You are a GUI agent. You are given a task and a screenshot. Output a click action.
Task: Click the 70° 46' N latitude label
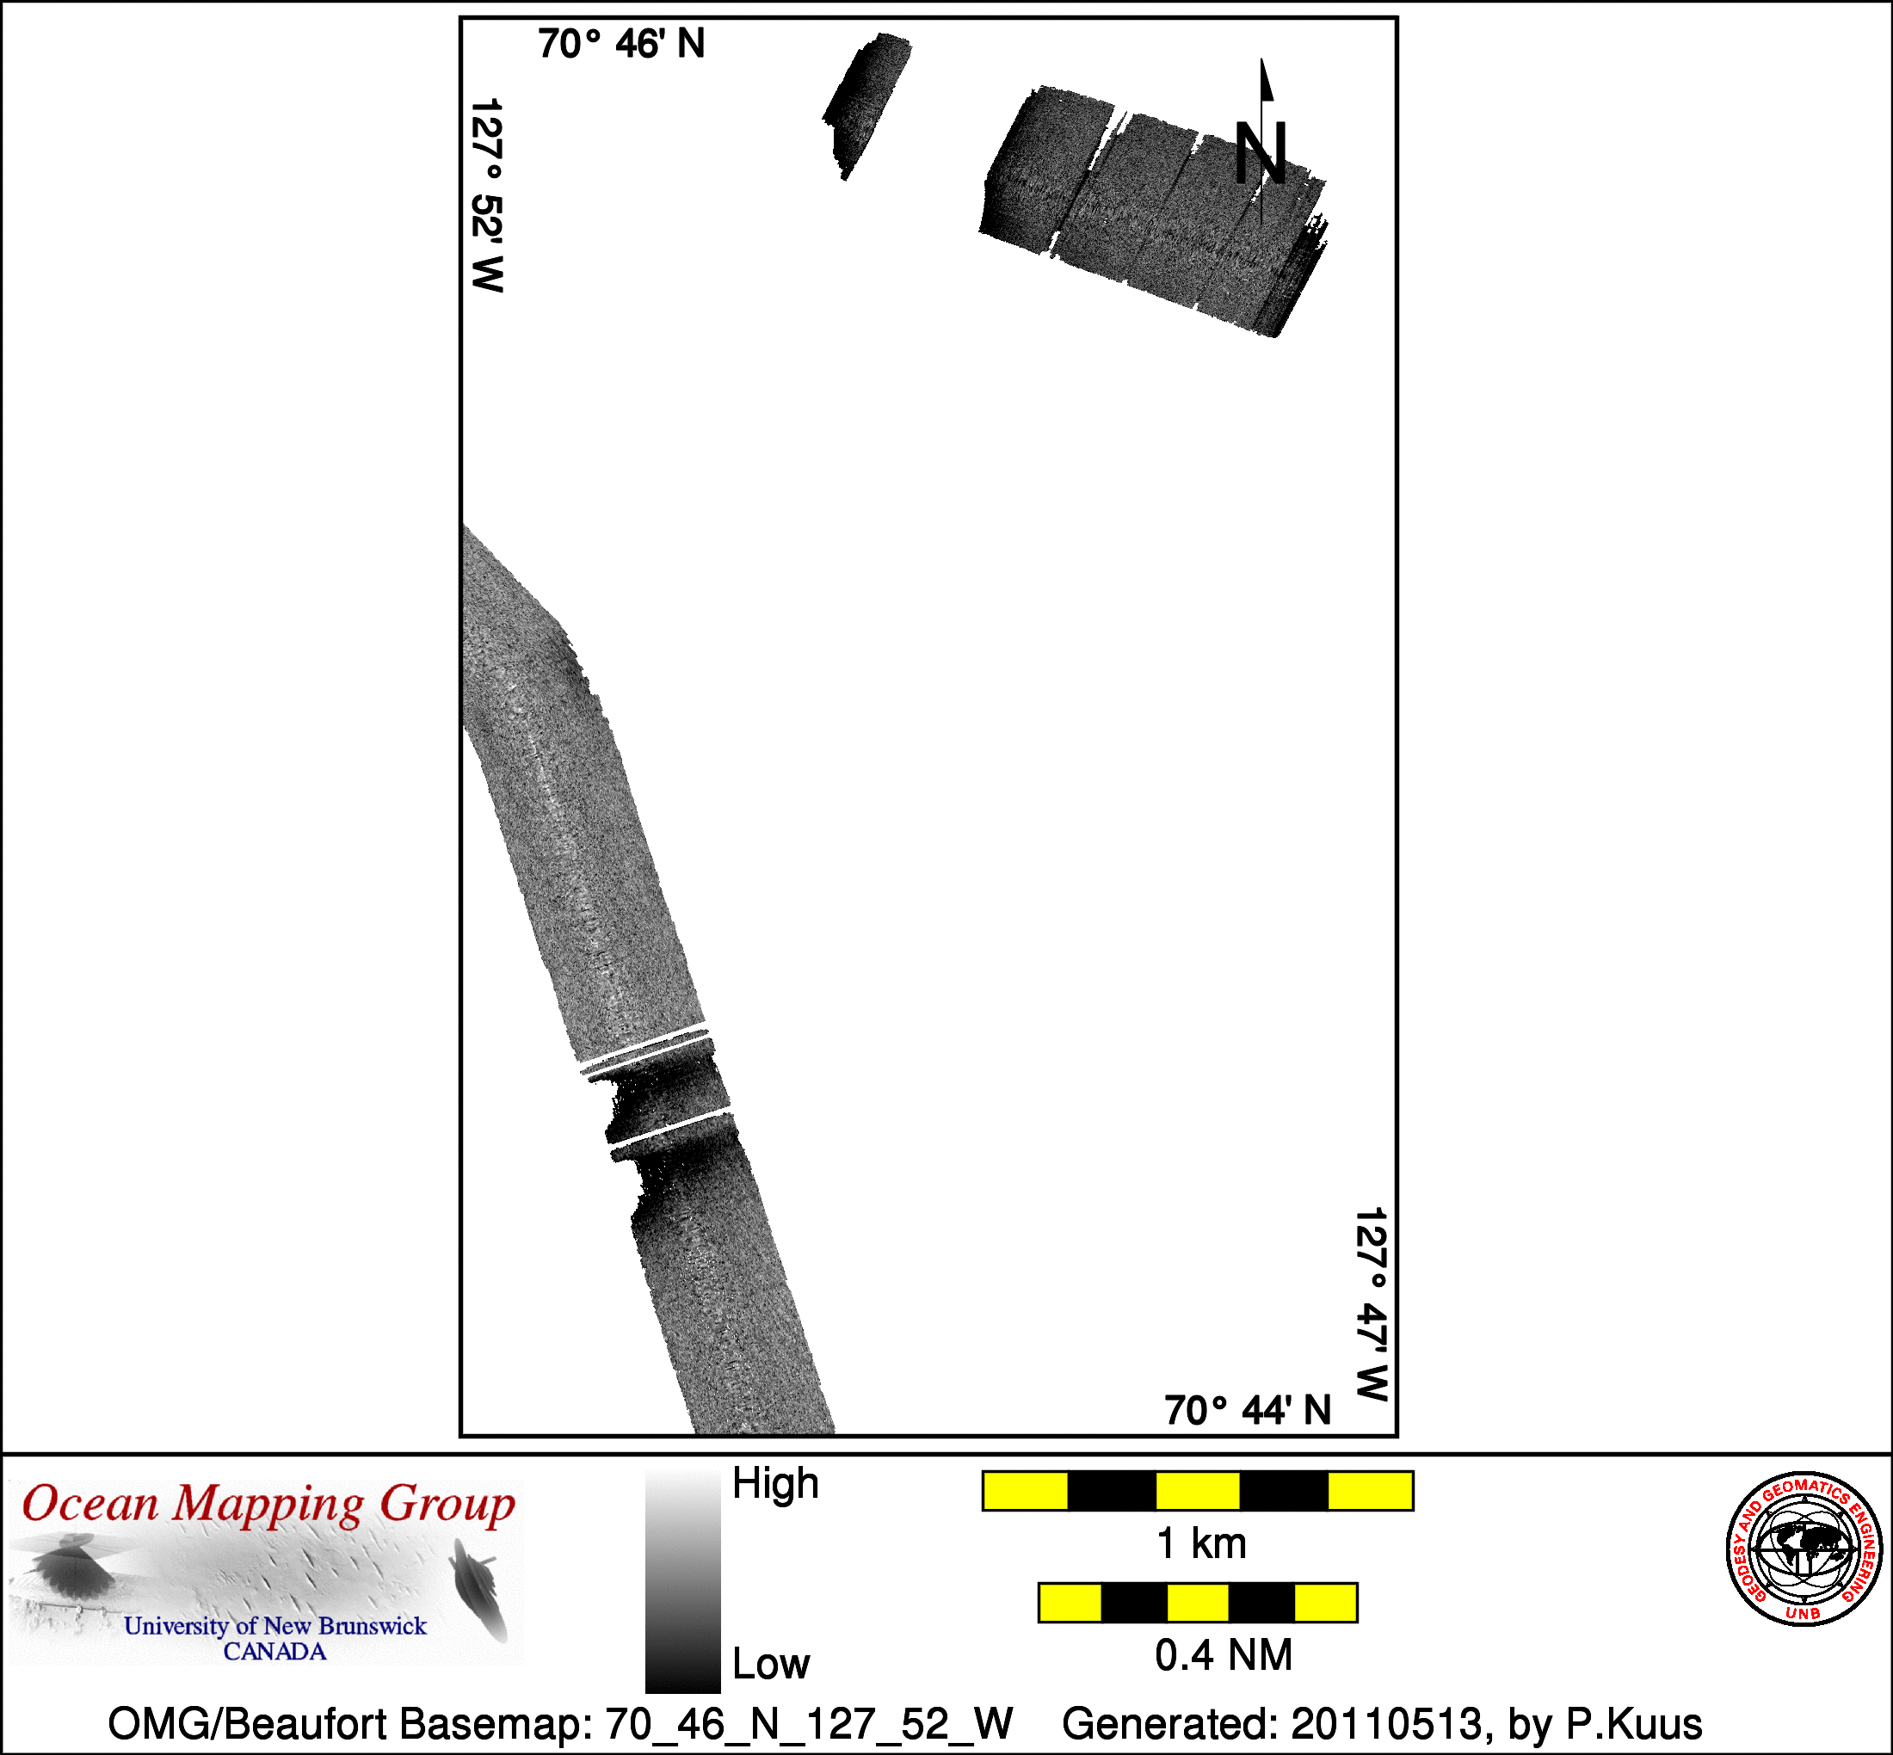621,45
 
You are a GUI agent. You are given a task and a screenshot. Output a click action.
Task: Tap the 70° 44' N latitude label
1247,1411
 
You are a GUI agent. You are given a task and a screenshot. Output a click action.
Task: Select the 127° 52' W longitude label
486,194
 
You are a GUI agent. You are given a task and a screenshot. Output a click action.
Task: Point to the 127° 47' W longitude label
1372,1304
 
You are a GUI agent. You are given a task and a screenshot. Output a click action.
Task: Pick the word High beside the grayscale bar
775,1483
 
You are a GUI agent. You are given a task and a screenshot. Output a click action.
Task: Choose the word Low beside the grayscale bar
770,1664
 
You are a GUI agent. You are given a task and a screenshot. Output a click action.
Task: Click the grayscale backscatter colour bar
682,1580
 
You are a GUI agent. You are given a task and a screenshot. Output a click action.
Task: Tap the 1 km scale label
1200,1543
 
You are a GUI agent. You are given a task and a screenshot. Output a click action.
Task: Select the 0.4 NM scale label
1224,1655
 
